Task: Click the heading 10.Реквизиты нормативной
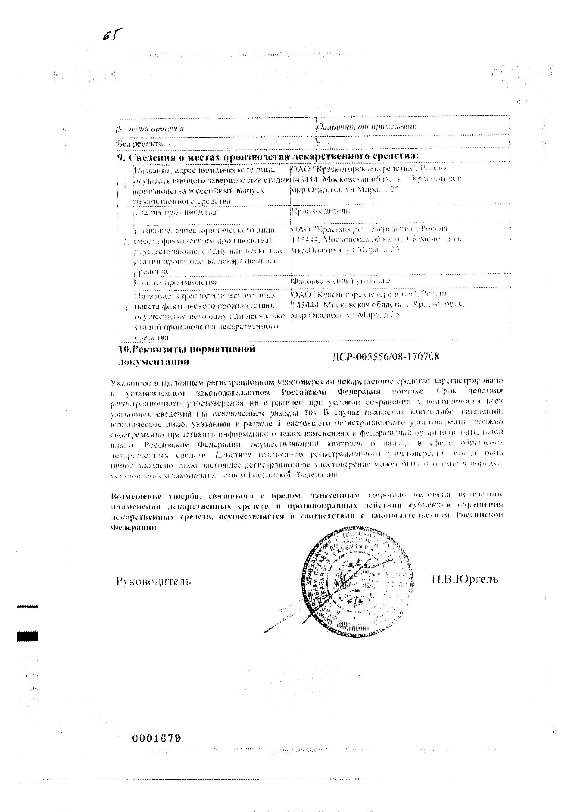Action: (187, 349)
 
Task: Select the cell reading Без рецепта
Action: (140, 144)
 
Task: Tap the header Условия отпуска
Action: (151, 128)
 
